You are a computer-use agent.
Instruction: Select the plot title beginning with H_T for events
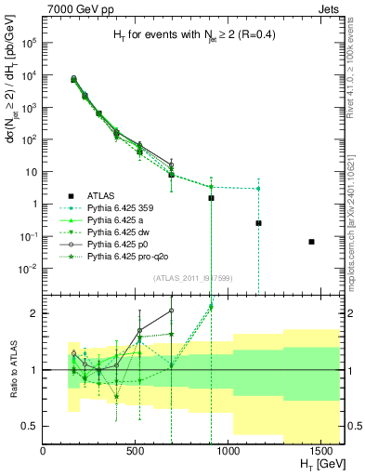[x=189, y=36]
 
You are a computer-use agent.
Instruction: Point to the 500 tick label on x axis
[x=135, y=451]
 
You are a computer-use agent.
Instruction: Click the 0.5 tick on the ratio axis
[x=32, y=426]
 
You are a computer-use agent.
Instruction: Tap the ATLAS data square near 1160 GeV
[x=258, y=223]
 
